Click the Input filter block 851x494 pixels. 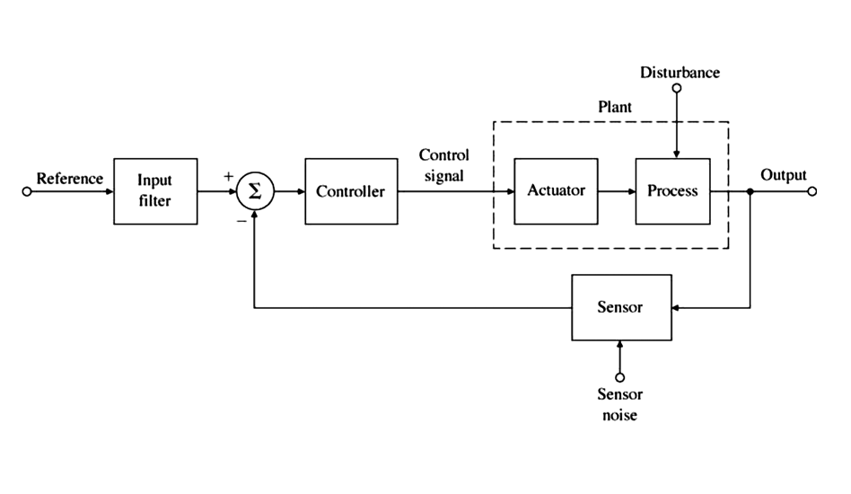click(155, 191)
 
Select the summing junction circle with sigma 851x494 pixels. click(254, 191)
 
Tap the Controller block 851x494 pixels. click(350, 191)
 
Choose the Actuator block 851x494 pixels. click(556, 191)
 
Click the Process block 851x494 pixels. click(672, 191)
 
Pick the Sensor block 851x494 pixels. click(619, 308)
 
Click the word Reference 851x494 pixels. click(69, 179)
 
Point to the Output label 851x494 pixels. click(784, 175)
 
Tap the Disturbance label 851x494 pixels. click(680, 72)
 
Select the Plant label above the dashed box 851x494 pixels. click(615, 107)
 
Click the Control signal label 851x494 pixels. click(443, 165)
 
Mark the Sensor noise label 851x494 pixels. click(619, 404)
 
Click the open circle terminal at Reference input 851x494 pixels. click(27, 191)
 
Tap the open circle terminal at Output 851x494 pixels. click(812, 191)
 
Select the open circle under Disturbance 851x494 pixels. click(677, 88)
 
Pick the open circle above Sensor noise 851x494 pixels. click(619, 377)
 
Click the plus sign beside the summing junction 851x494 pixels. click(228, 176)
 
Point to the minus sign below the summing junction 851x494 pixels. click(241, 219)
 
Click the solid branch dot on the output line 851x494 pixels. click(750, 191)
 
